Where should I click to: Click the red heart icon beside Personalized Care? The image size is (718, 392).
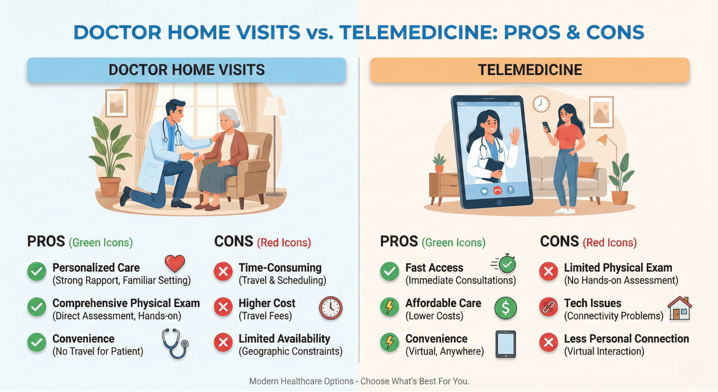click(x=175, y=264)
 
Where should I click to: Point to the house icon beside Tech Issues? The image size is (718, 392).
click(x=680, y=308)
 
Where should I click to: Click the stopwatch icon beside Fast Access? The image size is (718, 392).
click(x=503, y=264)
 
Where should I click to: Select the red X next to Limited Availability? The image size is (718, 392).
click(x=223, y=342)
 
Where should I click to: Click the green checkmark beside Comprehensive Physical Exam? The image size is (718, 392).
click(x=36, y=307)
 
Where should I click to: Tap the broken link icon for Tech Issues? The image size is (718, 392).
click(x=548, y=307)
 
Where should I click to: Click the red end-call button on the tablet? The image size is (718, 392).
click(x=497, y=190)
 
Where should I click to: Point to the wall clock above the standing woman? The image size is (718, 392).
click(x=541, y=104)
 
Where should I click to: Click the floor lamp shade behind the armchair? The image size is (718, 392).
click(x=274, y=106)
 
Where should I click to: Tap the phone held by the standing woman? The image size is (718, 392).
click(x=547, y=127)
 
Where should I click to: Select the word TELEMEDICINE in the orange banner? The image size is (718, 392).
click(x=530, y=70)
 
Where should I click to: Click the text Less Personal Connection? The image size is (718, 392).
click(x=626, y=339)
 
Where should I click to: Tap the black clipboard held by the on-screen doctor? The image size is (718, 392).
click(x=494, y=167)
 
